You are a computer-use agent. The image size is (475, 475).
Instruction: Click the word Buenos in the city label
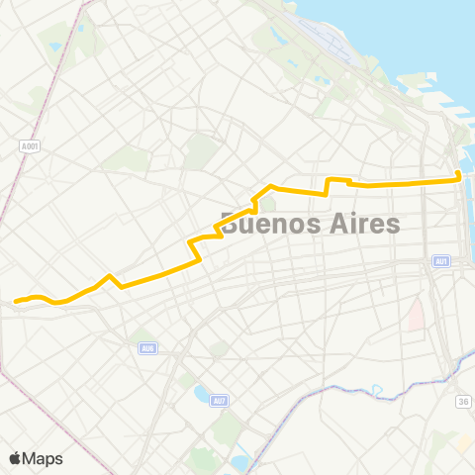268,225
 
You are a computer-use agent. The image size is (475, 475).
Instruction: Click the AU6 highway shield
147,347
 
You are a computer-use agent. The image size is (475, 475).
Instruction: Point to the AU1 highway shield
441,261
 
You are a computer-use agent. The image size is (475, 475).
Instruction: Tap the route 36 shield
462,401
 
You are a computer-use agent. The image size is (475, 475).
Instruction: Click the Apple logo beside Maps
15,458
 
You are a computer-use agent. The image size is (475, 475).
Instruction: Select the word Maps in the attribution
43,458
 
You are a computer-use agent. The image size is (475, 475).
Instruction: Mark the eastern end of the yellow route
459,178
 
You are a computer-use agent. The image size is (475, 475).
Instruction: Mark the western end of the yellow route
15,300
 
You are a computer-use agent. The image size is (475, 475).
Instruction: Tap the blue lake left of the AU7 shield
202,394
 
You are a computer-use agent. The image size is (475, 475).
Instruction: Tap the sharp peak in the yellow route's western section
109,276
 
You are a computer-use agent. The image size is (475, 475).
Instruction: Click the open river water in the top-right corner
435,30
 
